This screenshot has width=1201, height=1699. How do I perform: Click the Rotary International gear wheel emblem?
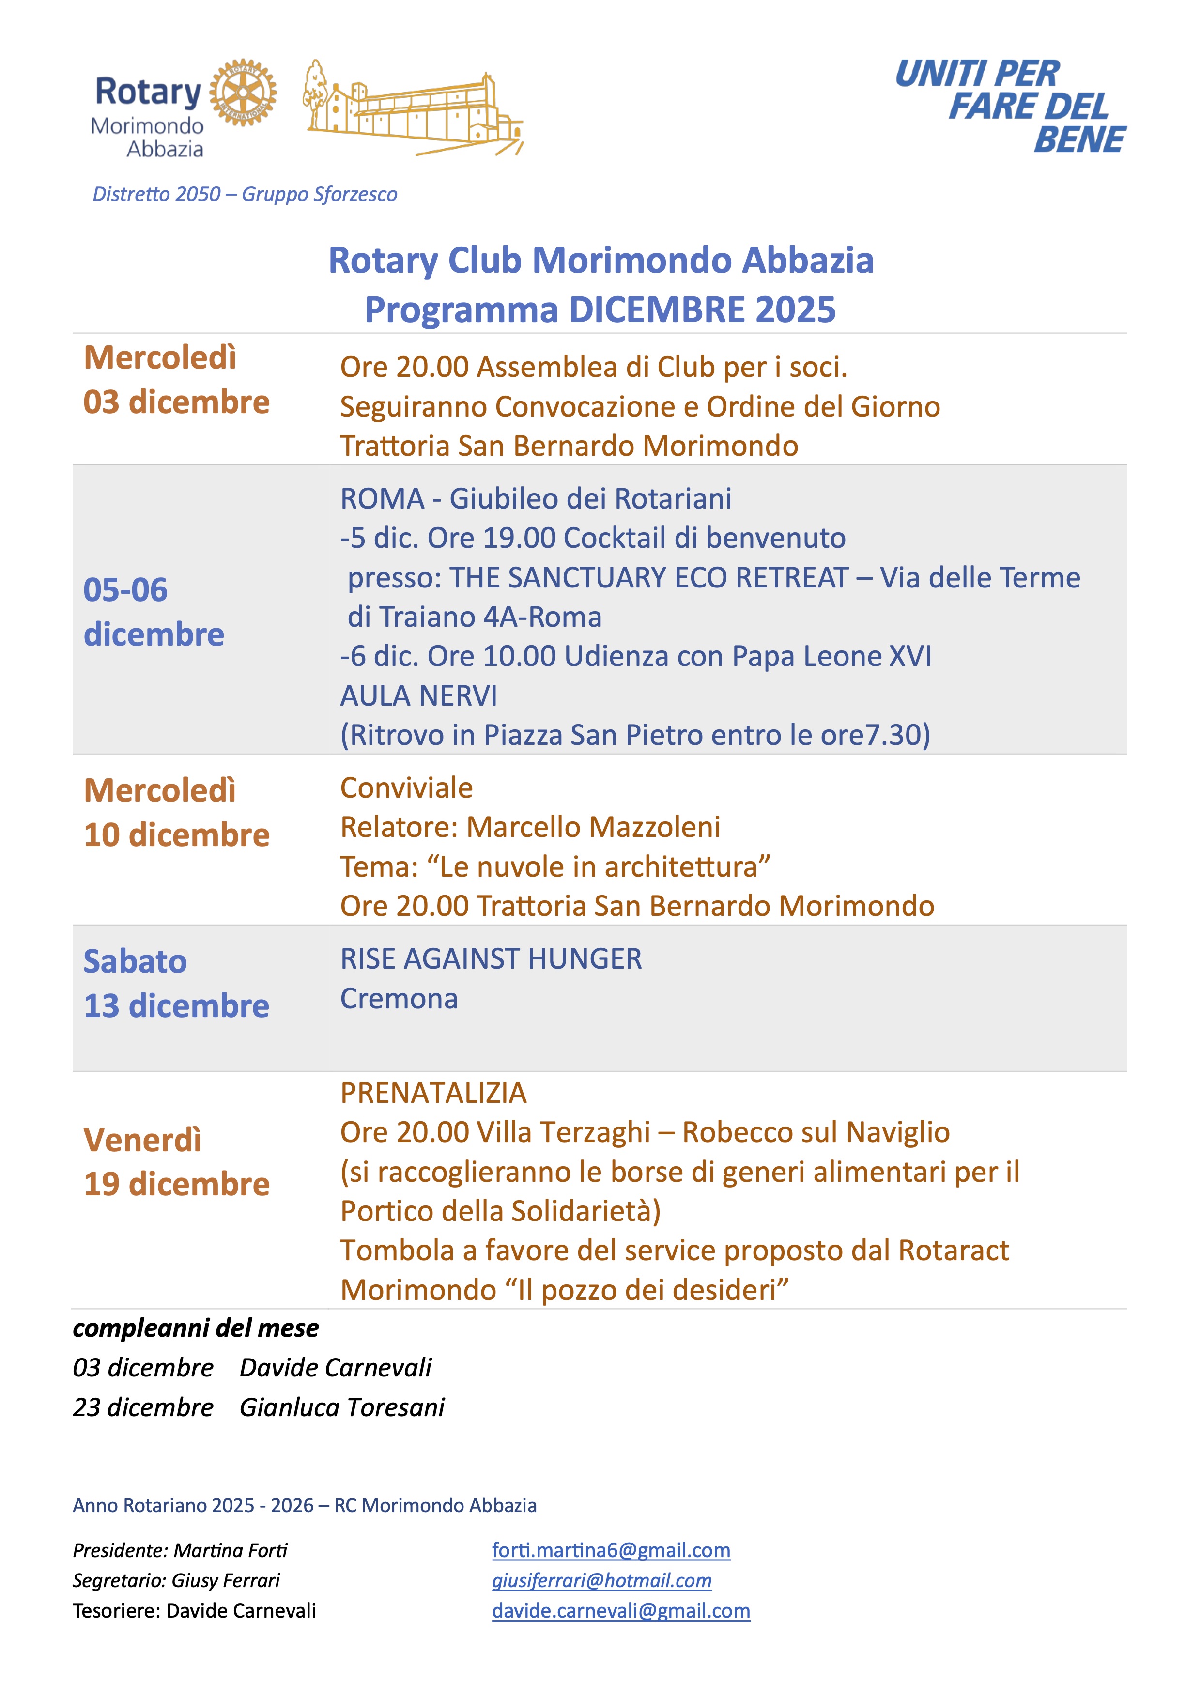click(243, 93)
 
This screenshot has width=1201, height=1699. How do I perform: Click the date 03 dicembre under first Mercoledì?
click(176, 402)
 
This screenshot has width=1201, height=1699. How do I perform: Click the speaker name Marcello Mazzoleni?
click(593, 827)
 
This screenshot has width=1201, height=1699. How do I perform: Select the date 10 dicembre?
click(176, 834)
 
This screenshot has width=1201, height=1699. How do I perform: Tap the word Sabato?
click(135, 961)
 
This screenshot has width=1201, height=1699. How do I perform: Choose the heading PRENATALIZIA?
click(433, 1093)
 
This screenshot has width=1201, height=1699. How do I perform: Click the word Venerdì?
click(142, 1140)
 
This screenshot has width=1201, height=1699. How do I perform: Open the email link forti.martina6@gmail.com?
click(611, 1550)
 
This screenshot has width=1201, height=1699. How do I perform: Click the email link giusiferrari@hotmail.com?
click(601, 1581)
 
